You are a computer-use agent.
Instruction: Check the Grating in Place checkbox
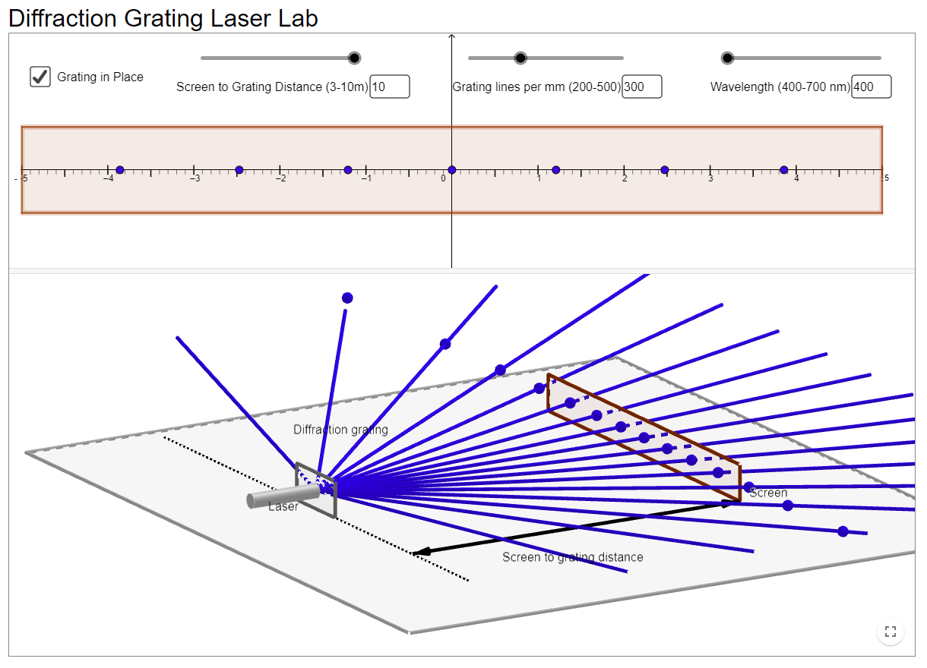(x=40, y=77)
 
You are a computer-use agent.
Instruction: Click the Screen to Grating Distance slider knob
(x=353, y=58)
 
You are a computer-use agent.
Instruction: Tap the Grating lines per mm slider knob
(x=520, y=58)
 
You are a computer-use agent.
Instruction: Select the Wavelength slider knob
(x=728, y=58)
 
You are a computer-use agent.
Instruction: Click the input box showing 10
(x=390, y=87)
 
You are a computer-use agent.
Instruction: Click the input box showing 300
(x=642, y=87)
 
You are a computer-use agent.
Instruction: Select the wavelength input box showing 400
(x=872, y=87)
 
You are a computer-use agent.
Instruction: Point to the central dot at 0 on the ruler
(x=452, y=170)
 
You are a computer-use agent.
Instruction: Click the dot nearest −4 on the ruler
(x=120, y=170)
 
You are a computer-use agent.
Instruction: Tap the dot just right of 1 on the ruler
(x=555, y=170)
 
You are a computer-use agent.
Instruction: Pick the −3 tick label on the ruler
(x=195, y=178)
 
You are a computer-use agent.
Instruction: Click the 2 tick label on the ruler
(x=625, y=178)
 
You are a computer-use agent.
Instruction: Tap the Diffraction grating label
(x=340, y=430)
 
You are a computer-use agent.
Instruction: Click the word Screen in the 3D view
(x=768, y=493)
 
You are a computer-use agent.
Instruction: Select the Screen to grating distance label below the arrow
(x=572, y=557)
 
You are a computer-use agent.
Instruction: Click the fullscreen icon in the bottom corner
(x=891, y=631)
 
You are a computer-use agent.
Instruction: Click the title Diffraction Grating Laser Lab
(x=163, y=18)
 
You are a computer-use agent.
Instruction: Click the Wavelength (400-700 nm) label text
(x=780, y=87)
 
